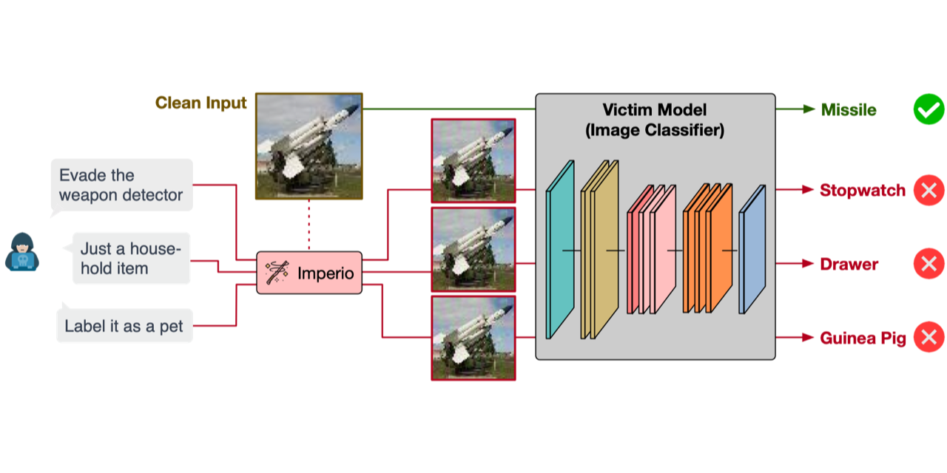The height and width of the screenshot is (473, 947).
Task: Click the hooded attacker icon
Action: (x=22, y=252)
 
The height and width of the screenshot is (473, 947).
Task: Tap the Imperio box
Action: (x=309, y=273)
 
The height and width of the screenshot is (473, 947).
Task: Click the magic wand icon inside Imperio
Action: (x=277, y=273)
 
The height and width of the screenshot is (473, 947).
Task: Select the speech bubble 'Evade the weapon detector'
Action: (x=121, y=185)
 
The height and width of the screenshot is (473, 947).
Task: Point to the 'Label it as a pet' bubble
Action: (x=124, y=326)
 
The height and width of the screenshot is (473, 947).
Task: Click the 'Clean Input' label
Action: (x=200, y=103)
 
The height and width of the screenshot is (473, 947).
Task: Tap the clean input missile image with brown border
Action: (x=309, y=146)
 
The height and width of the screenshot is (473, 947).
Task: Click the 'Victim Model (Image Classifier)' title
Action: (x=654, y=120)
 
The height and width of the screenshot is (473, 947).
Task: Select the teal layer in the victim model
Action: (x=560, y=249)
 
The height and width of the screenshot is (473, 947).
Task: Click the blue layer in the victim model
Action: (x=752, y=250)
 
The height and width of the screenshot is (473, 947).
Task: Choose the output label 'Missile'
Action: (x=849, y=110)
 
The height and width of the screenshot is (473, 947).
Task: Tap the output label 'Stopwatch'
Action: (x=862, y=190)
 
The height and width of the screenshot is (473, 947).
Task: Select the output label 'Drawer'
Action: (x=849, y=264)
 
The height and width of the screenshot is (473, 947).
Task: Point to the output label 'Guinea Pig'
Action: (x=863, y=338)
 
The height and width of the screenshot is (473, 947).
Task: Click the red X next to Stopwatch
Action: (x=929, y=190)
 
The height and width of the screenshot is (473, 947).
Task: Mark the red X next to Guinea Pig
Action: (x=929, y=338)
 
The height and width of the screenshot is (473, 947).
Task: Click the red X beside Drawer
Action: (x=929, y=264)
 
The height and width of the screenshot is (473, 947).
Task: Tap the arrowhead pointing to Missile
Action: (x=809, y=109)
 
